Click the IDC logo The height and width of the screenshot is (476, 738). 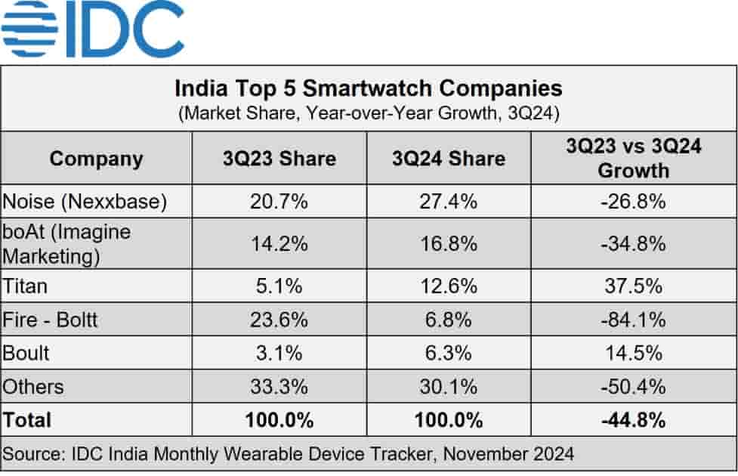[92, 29]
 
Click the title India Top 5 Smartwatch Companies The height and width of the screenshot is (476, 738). [369, 88]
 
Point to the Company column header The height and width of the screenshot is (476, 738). [96, 159]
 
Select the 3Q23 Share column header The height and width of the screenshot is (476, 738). [279, 159]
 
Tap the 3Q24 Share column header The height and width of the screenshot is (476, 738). [449, 159]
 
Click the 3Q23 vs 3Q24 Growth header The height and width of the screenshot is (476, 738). [633, 158]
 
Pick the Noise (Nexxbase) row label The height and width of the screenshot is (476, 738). [85, 202]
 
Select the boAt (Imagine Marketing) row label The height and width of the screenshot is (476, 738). [66, 243]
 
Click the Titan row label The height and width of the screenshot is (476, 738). [25, 286]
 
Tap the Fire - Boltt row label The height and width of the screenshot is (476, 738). [51, 320]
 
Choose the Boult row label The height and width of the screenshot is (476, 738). [26, 353]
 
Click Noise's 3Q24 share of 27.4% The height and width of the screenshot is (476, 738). [449, 202]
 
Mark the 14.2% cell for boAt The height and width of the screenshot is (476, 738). [279, 244]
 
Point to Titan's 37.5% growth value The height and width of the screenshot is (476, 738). [633, 286]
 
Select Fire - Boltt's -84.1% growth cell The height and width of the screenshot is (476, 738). [633, 320]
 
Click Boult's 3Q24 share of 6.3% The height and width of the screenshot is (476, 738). [449, 353]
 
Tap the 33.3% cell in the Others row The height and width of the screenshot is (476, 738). [279, 387]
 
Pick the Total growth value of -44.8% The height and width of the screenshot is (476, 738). [633, 419]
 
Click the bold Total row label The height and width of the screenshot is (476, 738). [28, 419]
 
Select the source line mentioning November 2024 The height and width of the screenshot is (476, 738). [289, 454]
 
